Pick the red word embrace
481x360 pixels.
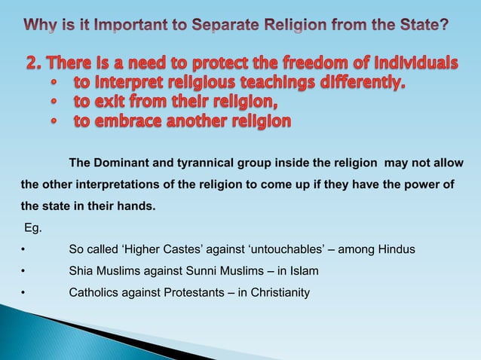coord(136,121)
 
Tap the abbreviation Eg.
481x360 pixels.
coord(33,226)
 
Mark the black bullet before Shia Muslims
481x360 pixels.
coord(24,270)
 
